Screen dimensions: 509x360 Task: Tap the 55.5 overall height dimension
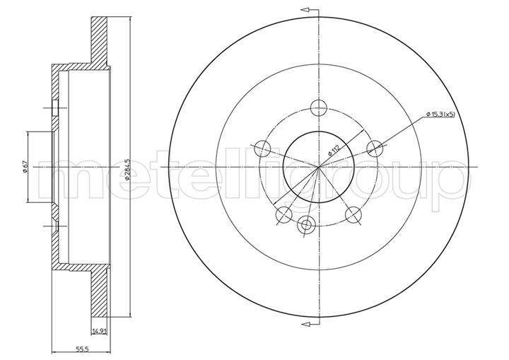click(x=82, y=349)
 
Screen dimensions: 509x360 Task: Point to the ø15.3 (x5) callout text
click(x=440, y=114)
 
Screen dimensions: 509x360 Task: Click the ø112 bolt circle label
click(x=334, y=151)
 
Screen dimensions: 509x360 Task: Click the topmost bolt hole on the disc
click(x=318, y=108)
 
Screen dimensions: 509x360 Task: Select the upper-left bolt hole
click(x=262, y=149)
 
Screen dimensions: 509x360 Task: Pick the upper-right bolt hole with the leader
click(x=375, y=149)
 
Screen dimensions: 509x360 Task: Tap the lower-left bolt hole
click(x=283, y=215)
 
